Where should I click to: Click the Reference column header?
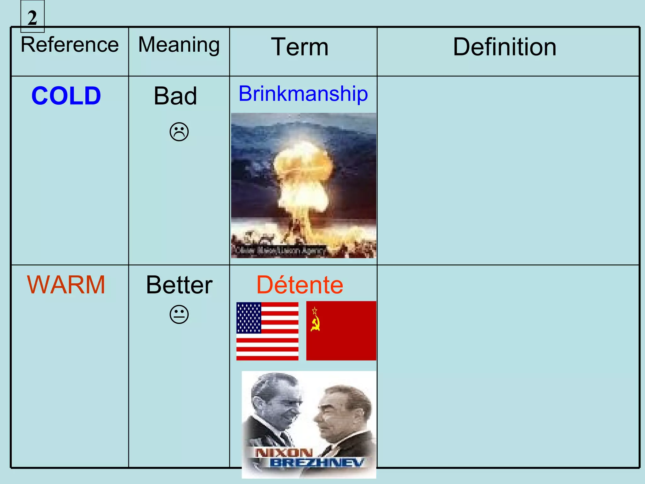pyautogui.click(x=70, y=45)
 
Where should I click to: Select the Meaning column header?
pyautogui.click(x=179, y=45)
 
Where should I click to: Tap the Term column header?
pyautogui.click(x=300, y=47)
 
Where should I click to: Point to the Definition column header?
pyautogui.click(x=505, y=47)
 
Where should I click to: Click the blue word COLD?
pyautogui.click(x=66, y=96)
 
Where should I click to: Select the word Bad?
pyautogui.click(x=175, y=96)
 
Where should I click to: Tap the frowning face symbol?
pyautogui.click(x=179, y=132)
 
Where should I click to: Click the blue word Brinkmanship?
pyautogui.click(x=303, y=94)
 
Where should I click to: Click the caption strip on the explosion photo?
pyautogui.click(x=279, y=251)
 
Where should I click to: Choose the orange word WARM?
pyautogui.click(x=66, y=285)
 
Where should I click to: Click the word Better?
pyautogui.click(x=179, y=285)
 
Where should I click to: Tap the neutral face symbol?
pyautogui.click(x=179, y=314)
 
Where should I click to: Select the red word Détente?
pyautogui.click(x=300, y=285)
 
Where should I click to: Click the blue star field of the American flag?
pyautogui.click(x=248, y=318)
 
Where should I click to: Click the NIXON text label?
pyautogui.click(x=283, y=453)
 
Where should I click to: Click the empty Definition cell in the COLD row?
pyautogui.click(x=508, y=170)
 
